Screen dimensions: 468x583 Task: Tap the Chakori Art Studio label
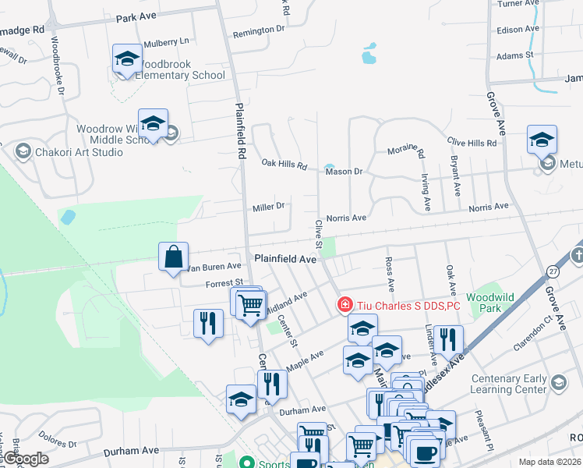coord(78,151)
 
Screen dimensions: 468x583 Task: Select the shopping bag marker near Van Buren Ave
coord(172,257)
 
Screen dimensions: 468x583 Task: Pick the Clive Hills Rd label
coord(472,143)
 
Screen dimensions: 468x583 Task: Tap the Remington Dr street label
coord(259,30)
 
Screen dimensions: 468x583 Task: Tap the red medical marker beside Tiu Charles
coord(342,304)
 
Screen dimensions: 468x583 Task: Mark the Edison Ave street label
coord(518,29)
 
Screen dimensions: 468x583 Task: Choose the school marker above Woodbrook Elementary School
coord(127,59)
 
